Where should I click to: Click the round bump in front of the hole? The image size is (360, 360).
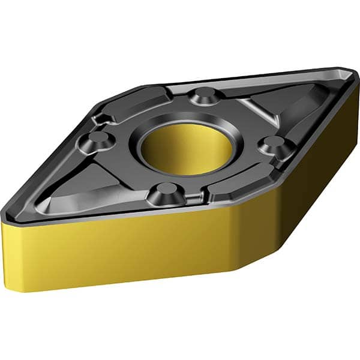pyautogui.click(x=163, y=193)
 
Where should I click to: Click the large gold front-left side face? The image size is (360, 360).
pyautogui.click(x=120, y=252)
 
